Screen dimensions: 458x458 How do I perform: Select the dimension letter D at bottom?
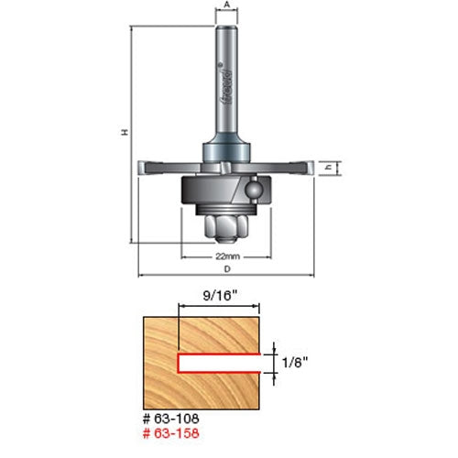coord(225,269)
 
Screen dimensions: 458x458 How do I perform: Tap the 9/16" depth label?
coord(217,297)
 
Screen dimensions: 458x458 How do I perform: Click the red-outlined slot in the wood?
coord(220,360)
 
